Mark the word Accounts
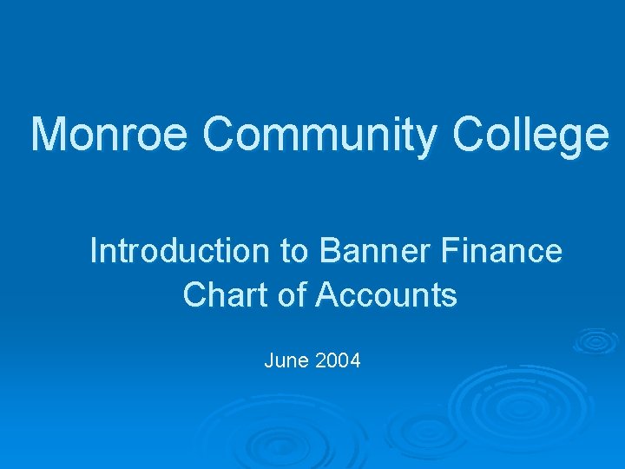coord(385,295)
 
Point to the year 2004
coord(339,360)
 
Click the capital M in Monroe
coord(49,135)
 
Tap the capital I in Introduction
coord(95,251)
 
